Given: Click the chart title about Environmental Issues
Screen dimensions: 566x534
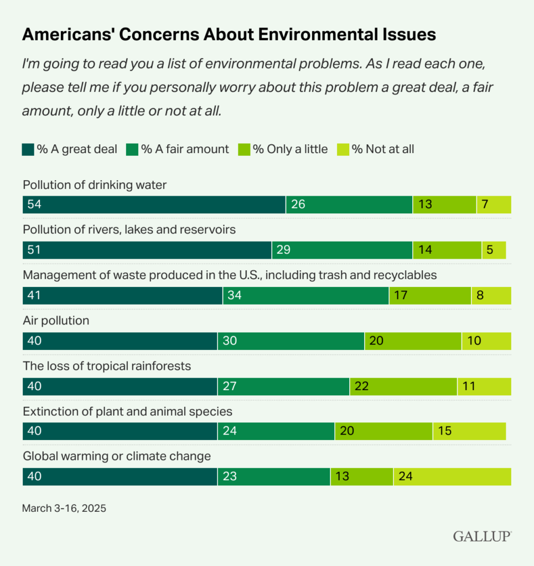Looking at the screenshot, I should pyautogui.click(x=229, y=34).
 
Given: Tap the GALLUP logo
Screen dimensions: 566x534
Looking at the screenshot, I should pyautogui.click(x=482, y=536).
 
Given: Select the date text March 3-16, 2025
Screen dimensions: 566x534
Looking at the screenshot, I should pyautogui.click(x=64, y=507).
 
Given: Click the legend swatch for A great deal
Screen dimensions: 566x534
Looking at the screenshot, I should pyautogui.click(x=28, y=149).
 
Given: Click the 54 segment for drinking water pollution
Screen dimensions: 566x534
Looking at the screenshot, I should pyautogui.click(x=154, y=205).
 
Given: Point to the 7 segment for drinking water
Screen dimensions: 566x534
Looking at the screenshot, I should pyautogui.click(x=494, y=205).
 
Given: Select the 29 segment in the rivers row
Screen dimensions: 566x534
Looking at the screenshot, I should pyautogui.click(x=342, y=250).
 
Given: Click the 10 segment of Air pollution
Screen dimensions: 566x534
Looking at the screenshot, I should pyautogui.click(x=486, y=341).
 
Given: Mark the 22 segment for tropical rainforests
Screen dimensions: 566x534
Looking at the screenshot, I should pyautogui.click(x=403, y=386).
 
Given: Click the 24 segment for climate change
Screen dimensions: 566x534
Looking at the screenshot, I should pyautogui.click(x=452, y=476).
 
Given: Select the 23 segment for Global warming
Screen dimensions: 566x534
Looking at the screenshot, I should pyautogui.click(x=274, y=476).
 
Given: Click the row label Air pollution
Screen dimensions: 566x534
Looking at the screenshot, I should pyautogui.click(x=56, y=321).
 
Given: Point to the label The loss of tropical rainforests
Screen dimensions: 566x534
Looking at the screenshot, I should pyautogui.click(x=107, y=366).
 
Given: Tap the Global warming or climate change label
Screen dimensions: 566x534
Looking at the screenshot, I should pyautogui.click(x=117, y=456).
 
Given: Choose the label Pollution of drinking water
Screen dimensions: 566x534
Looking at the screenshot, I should pyautogui.click(x=94, y=185).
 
